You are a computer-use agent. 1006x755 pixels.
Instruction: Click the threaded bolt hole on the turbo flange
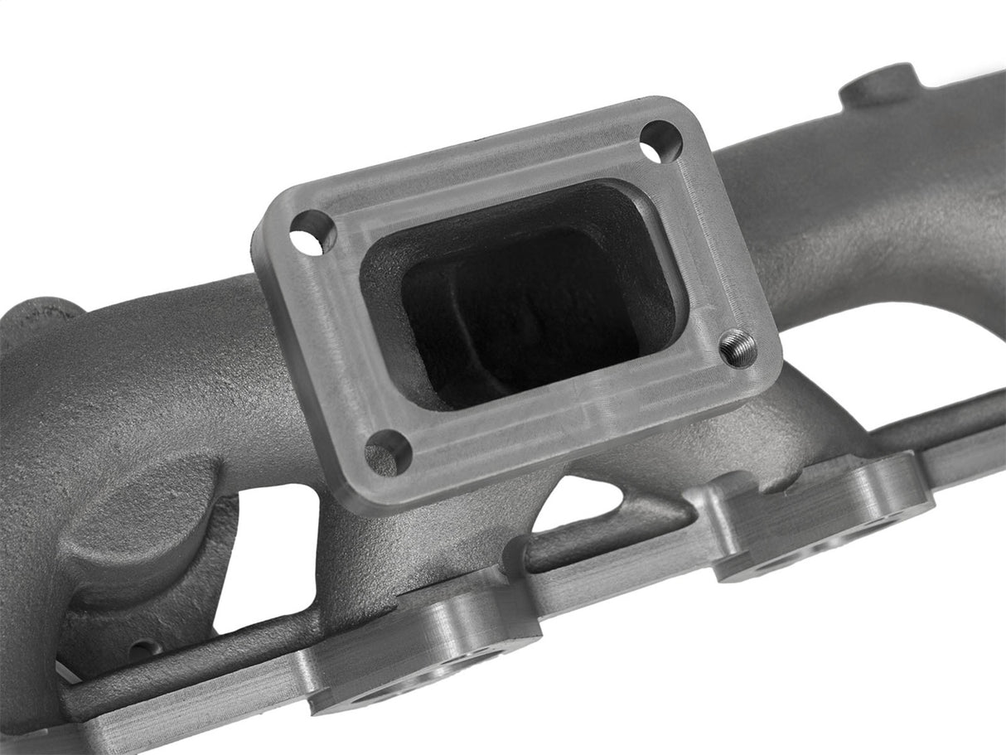(738, 347)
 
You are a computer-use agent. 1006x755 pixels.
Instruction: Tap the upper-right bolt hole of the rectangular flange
(661, 142)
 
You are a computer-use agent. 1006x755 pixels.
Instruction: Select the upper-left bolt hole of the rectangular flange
(312, 232)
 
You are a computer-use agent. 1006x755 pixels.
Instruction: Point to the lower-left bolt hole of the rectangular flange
(387, 452)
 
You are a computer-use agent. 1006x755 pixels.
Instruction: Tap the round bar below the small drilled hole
(191, 675)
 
